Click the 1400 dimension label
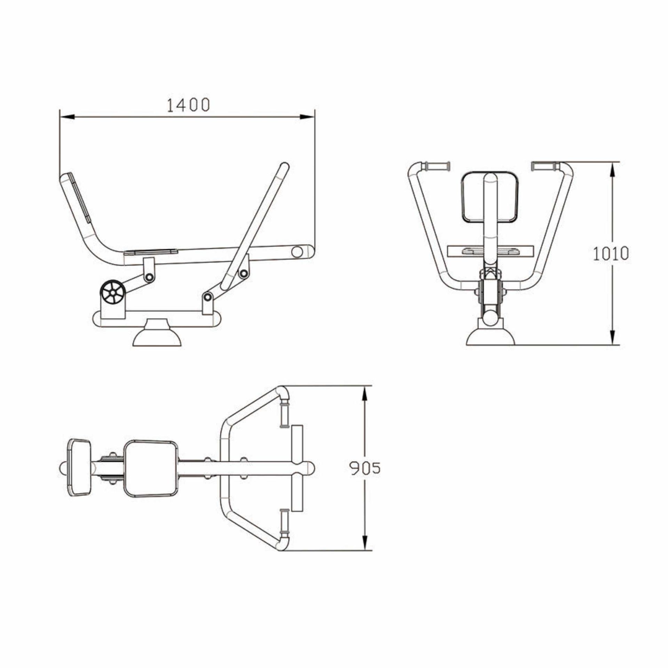[188, 105]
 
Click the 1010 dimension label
[611, 254]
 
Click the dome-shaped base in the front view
[490, 337]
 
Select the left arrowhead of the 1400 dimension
[67, 117]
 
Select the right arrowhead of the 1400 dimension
[307, 117]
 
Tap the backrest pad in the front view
[490, 197]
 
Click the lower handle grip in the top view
[284, 523]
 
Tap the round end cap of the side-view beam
[297, 252]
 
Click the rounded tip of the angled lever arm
[285, 167]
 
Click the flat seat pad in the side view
[151, 252]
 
